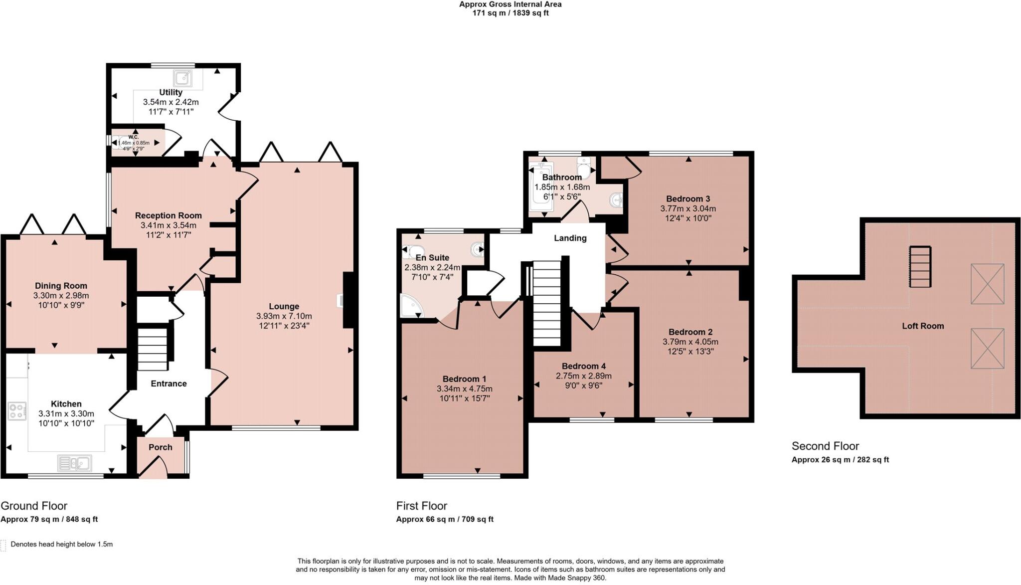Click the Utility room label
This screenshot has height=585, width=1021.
click(x=170, y=92)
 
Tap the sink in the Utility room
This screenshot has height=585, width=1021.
click(x=183, y=78)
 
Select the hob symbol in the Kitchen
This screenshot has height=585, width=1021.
click(x=17, y=411)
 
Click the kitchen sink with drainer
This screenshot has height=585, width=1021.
click(x=74, y=463)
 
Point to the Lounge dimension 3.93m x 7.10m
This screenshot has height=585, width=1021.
click(x=284, y=316)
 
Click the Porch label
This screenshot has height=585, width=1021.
click(x=160, y=447)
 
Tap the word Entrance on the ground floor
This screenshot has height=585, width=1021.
click(x=169, y=384)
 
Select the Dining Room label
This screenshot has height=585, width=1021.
click(x=61, y=286)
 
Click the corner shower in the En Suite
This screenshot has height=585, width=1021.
click(x=411, y=306)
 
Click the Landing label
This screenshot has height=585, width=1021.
click(x=570, y=238)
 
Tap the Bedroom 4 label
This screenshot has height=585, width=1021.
click(x=583, y=366)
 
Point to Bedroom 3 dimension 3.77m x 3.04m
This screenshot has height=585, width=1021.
click(x=688, y=208)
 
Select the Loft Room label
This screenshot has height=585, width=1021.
click(x=922, y=326)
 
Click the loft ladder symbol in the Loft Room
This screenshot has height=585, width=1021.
click(x=920, y=267)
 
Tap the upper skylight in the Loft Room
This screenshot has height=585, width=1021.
click(x=987, y=284)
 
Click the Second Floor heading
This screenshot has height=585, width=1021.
click(x=825, y=446)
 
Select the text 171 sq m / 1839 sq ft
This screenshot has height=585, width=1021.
click(x=510, y=13)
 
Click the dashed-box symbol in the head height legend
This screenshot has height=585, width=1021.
click(x=3, y=545)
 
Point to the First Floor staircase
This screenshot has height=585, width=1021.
click(x=547, y=304)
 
